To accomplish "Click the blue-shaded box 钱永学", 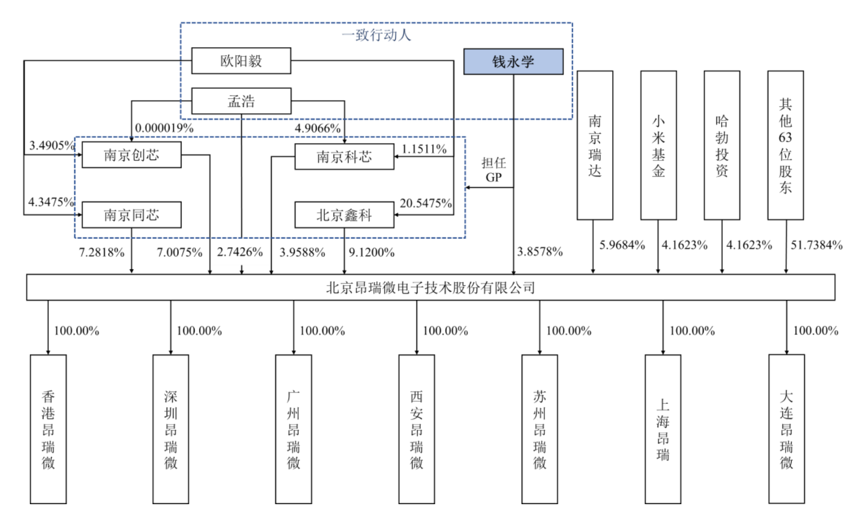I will pos(513,62).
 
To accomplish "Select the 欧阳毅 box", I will pos(241,61).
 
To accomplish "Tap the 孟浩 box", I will pos(241,101).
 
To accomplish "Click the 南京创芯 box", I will pos(131,155).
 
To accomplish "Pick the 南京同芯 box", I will pos(131,215).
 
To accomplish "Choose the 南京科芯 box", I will pos(344,157).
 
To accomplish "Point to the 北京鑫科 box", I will pos(344,215).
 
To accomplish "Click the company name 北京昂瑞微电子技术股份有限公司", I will pos(431,287).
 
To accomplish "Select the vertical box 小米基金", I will pos(658,145).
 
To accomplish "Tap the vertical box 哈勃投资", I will pos(722,145).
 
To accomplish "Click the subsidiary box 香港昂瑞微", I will pos(48,429).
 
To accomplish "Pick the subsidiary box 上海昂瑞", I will pos(663,429).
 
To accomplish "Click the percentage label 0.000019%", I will pos(164,128).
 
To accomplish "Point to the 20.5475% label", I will pos(426,203).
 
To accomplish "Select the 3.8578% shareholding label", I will pos(540,252).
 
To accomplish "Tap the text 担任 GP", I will pos(493,170).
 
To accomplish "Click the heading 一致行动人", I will pos(376,35).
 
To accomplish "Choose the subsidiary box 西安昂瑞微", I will pos(416,429).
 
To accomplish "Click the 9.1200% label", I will pos(371,252).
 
